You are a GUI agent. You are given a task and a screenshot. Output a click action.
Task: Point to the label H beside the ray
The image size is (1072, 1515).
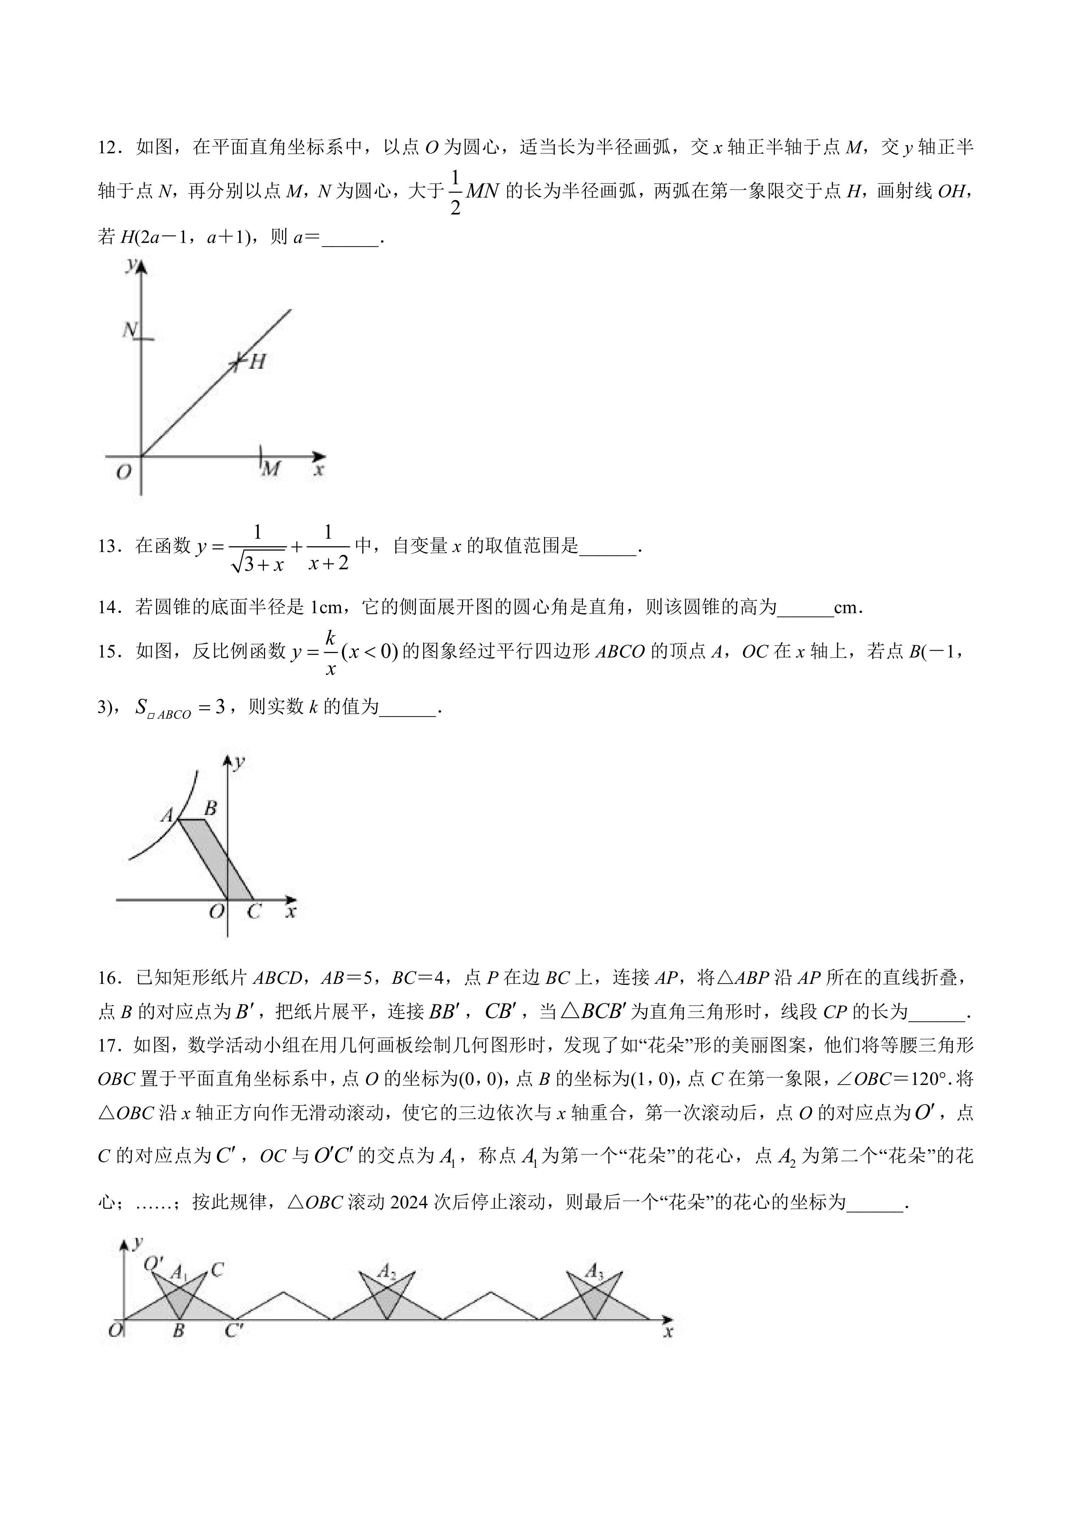pos(257,362)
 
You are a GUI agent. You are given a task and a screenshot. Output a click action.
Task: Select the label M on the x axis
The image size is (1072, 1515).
pos(271,469)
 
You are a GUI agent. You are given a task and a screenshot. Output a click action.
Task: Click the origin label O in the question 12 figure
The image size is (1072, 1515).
pos(124,472)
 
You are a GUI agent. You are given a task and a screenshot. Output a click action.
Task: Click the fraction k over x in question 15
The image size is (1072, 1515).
pos(331,652)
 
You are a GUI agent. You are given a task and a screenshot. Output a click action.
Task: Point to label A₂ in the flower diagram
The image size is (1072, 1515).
pos(387,1271)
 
